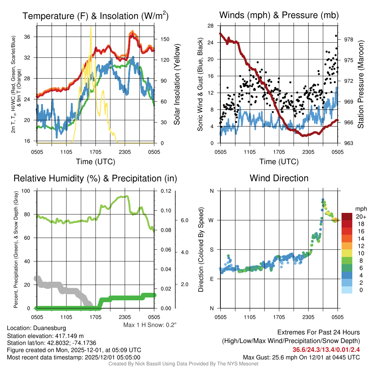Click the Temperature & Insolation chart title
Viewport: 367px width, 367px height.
tap(95, 16)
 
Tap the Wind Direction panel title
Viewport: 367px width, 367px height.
tap(279, 178)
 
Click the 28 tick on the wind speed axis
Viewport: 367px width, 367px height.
tap(210, 26)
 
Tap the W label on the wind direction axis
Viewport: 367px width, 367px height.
tap(211, 220)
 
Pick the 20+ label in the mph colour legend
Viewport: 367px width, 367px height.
tap(361, 216)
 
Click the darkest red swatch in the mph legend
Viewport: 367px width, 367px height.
tap(347, 216)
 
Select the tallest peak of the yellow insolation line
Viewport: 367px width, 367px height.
tap(91, 27)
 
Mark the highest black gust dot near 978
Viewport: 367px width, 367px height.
tap(336, 35)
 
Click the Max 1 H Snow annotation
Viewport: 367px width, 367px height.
tap(150, 325)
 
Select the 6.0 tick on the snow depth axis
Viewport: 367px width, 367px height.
tap(185, 220)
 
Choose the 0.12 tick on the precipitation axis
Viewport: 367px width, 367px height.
tap(162, 191)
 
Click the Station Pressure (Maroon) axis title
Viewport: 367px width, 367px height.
tap(361, 85)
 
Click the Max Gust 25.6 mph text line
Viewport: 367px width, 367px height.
tap(301, 357)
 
